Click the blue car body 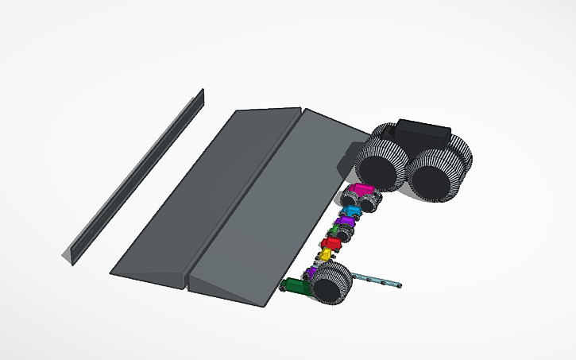point(350,211)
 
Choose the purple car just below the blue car point(344,222)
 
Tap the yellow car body point(324,254)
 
